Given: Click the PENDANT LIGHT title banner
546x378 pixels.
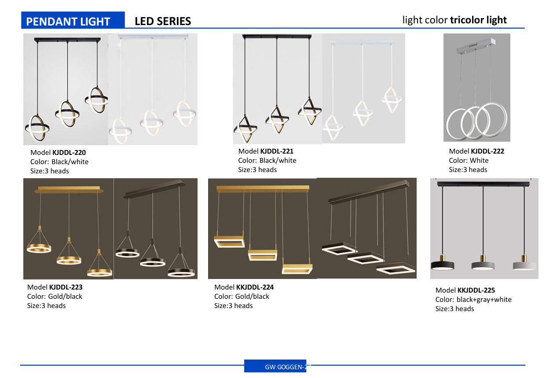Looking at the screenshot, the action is click(73, 20).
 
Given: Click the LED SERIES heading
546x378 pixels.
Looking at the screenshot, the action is click(163, 22).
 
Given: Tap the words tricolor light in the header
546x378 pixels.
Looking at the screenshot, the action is click(478, 20).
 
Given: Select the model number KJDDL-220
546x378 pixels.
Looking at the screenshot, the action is click(69, 152).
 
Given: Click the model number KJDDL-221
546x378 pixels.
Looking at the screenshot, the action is click(277, 151).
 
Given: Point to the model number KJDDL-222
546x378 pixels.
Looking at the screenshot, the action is click(487, 151).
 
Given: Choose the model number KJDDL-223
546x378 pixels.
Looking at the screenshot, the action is click(66, 287).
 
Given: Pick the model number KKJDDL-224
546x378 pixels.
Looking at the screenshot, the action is click(255, 287).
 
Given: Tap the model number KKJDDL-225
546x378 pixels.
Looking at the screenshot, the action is click(476, 290).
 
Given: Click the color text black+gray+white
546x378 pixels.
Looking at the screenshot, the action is click(484, 300).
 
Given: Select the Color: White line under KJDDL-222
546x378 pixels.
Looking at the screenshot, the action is click(469, 161).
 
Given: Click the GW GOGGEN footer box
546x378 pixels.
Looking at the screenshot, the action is click(275, 366).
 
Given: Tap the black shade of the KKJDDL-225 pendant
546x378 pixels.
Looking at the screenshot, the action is click(443, 266).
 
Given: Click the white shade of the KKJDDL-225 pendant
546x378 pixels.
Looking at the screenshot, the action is click(524, 266).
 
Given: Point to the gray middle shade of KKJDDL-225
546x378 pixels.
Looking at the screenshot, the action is click(483, 266).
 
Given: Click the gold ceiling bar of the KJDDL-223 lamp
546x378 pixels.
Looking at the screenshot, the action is click(69, 190).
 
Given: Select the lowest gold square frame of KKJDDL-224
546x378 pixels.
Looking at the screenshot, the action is click(297, 269).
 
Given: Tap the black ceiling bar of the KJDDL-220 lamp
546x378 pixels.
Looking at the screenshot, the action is click(67, 40).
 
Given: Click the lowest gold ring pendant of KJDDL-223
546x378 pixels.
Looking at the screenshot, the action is click(99, 273).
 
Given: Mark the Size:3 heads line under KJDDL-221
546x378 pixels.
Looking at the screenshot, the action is click(257, 170).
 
